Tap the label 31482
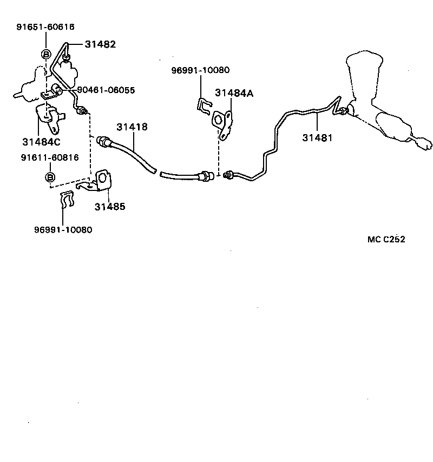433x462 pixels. click(100, 45)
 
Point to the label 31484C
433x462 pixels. click(42, 142)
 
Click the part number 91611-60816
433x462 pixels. click(50, 157)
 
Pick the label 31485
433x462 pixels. click(110, 206)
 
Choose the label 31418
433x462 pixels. click(132, 127)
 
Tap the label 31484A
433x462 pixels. click(234, 93)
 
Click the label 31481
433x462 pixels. click(317, 137)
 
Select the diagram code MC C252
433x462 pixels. click(386, 240)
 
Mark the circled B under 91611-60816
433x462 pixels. click(49, 177)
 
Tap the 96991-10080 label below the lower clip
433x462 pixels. click(63, 229)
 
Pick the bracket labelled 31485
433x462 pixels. click(103, 180)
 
